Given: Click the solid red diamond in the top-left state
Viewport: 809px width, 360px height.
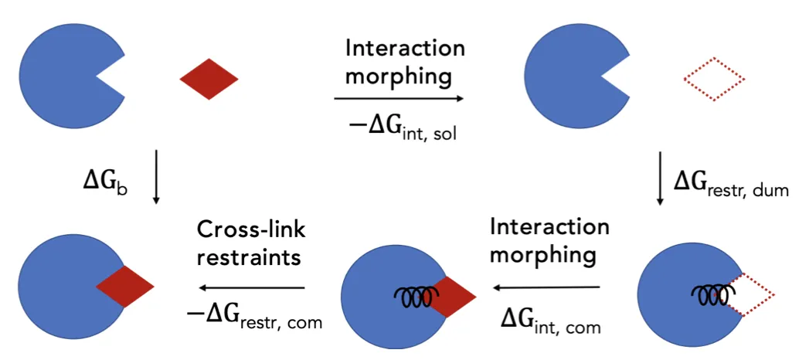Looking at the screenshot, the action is tap(209, 79).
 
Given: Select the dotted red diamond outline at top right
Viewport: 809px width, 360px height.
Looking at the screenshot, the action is tap(714, 79).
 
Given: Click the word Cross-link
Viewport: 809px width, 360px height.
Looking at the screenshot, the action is tap(250, 230).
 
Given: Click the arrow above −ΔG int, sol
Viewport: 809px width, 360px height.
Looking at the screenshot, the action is tap(398, 99).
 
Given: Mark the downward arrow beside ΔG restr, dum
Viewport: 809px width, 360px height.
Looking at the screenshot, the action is tap(661, 178).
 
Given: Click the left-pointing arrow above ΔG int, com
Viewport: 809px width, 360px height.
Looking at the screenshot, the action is tap(546, 287).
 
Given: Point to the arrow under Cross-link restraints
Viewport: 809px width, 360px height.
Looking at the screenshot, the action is tap(253, 288).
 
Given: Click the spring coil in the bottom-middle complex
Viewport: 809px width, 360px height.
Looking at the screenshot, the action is tap(416, 296).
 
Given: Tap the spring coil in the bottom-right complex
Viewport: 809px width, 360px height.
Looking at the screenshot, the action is tap(713, 296).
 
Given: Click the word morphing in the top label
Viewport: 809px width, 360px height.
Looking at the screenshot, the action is tap(399, 76).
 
